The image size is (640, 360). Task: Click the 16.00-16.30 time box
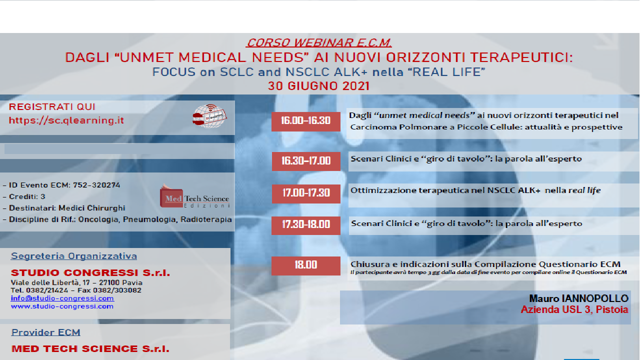point(305,121)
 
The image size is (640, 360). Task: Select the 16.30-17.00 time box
point(305,161)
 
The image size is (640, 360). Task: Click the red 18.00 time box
point(305,265)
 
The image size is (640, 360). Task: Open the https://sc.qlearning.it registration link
point(66,120)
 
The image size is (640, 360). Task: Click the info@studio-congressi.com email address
point(62,298)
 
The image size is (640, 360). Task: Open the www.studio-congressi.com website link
point(62,306)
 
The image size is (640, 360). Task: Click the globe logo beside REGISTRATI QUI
point(210,116)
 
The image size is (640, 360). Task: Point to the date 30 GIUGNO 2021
point(318,85)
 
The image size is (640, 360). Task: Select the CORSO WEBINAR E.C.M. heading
point(319,42)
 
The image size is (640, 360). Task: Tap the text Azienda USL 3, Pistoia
point(574,310)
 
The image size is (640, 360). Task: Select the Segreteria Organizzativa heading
point(74,256)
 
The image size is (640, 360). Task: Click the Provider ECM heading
point(46,332)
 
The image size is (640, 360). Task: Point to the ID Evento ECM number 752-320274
point(96,185)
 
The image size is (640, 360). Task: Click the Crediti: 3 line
point(27,196)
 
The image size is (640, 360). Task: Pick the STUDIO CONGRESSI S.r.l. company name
point(90,273)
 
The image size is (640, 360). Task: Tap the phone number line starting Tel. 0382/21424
point(76,290)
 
